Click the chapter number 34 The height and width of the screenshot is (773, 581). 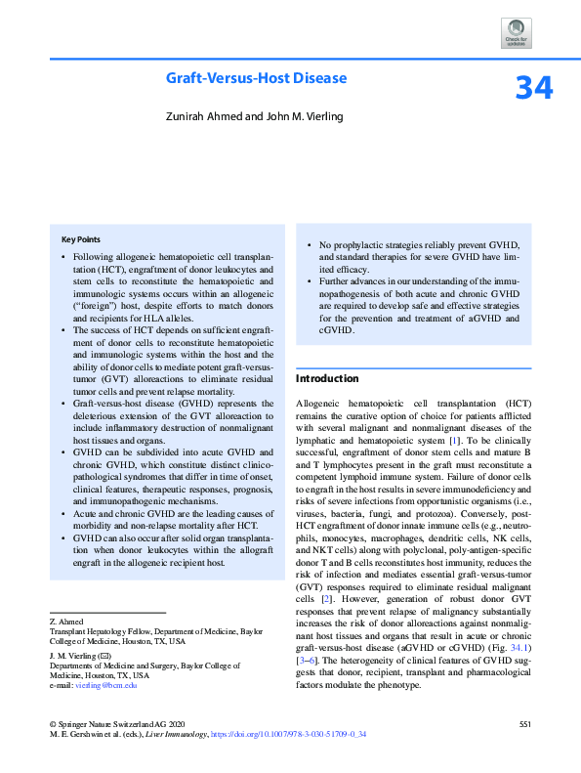pyautogui.click(x=534, y=88)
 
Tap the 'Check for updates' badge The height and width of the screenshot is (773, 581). pyautogui.click(x=516, y=33)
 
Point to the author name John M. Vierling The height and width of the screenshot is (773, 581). pyautogui.click(x=302, y=116)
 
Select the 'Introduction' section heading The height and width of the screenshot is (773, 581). pyautogui.click(x=327, y=378)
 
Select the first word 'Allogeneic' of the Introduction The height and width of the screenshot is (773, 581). pyautogui.click(x=319, y=403)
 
